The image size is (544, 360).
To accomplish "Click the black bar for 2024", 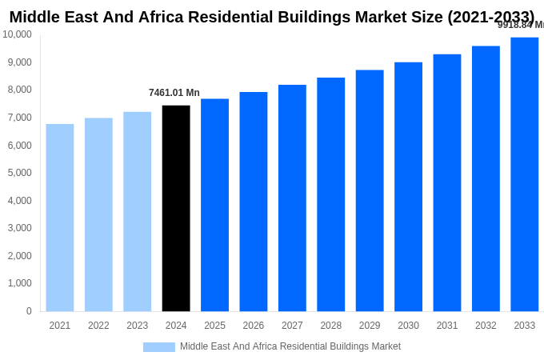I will click(x=176, y=208).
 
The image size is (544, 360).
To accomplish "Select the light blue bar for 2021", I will click(x=60, y=218).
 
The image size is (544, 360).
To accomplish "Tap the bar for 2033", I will click(x=524, y=174).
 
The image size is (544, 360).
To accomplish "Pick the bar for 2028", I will click(x=330, y=194).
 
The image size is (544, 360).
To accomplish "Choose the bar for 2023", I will click(x=137, y=211).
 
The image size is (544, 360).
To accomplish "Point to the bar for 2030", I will click(x=408, y=186).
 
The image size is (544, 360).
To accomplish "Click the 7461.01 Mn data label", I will click(x=174, y=93).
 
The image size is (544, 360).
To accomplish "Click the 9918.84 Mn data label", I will click(x=520, y=25).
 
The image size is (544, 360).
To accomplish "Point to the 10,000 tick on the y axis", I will click(x=17, y=34).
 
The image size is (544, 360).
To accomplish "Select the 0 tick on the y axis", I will click(x=29, y=311).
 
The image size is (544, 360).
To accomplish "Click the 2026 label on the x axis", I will click(x=254, y=326).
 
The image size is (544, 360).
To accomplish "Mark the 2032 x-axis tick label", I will click(x=486, y=326).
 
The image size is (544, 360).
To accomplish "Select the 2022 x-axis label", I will click(x=98, y=326).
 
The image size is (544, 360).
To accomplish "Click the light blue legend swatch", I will click(x=158, y=347).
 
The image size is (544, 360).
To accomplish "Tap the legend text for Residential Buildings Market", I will click(x=290, y=346).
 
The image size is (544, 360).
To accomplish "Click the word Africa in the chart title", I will click(x=160, y=17).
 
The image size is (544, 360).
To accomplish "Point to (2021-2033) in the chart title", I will click(x=490, y=17).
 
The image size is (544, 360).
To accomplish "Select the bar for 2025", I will click(x=214, y=205).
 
